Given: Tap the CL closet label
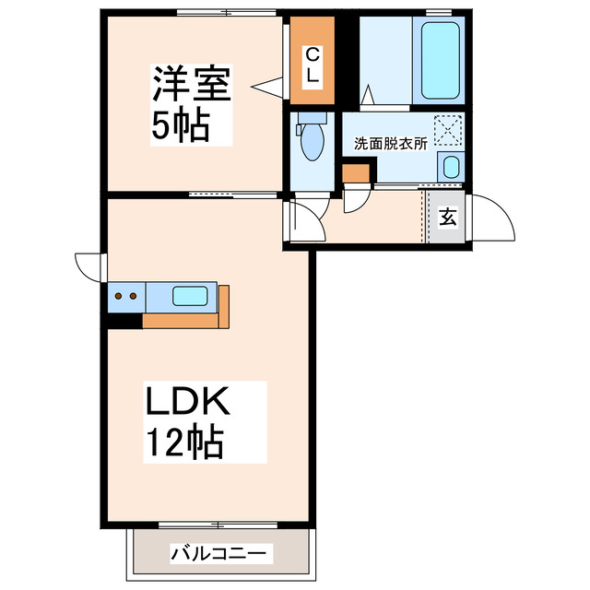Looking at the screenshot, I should point(313,65).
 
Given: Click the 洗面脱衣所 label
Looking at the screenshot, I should point(390,144).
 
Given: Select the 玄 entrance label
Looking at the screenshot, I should point(448,218).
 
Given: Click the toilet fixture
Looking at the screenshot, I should point(312,138).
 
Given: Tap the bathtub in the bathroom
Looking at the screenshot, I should point(440,61).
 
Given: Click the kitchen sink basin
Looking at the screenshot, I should point(192,297).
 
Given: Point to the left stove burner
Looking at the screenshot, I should point(120,297).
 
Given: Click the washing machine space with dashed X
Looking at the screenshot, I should point(449,130).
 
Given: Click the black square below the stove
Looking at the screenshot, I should point(124,320).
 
